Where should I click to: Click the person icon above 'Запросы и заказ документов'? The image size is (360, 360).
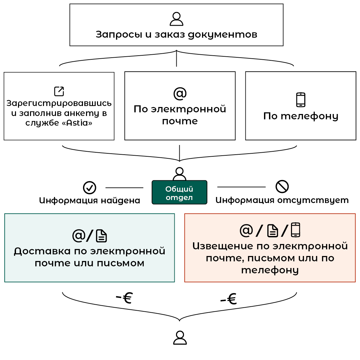tap(176, 19)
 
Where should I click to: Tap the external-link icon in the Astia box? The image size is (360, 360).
tap(59, 91)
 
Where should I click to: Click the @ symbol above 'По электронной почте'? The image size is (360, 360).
tap(180, 93)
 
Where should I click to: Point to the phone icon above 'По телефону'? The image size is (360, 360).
tap(301, 100)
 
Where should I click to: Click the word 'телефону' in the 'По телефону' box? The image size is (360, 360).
tap(309, 116)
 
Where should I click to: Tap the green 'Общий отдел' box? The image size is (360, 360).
tap(179, 192)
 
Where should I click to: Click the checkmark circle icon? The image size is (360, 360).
tap(90, 188)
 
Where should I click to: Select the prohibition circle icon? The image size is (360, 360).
tap(282, 186)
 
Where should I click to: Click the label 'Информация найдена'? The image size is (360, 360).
tap(90, 200)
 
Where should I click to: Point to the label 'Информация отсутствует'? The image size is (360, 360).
tap(282, 200)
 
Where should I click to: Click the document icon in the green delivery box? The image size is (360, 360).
tap(101, 236)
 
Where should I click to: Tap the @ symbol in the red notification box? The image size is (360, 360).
tap(246, 230)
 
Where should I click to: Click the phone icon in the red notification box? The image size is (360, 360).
tap(295, 230)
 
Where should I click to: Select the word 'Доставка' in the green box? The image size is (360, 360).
tap(42, 251)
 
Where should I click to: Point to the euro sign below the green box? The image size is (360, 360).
tap(127, 298)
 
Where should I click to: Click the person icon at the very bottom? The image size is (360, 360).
tap(180, 338)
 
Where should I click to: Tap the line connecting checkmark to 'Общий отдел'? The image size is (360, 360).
tap(124, 188)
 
